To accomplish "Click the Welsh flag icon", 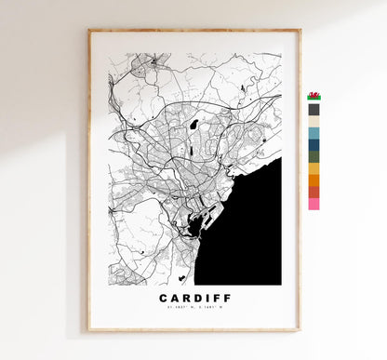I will [314, 96].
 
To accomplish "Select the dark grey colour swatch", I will [314, 109].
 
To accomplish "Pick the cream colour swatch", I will [314, 121].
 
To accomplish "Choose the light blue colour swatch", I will [314, 133].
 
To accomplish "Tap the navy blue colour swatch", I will [314, 144].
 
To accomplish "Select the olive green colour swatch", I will [314, 156].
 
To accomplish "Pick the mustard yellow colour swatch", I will [314, 168].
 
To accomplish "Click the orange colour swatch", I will [314, 180].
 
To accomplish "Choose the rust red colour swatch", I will [314, 192].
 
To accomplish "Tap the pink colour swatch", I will [314, 203].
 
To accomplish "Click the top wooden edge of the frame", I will [193, 31].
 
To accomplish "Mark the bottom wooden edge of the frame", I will [193, 329].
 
